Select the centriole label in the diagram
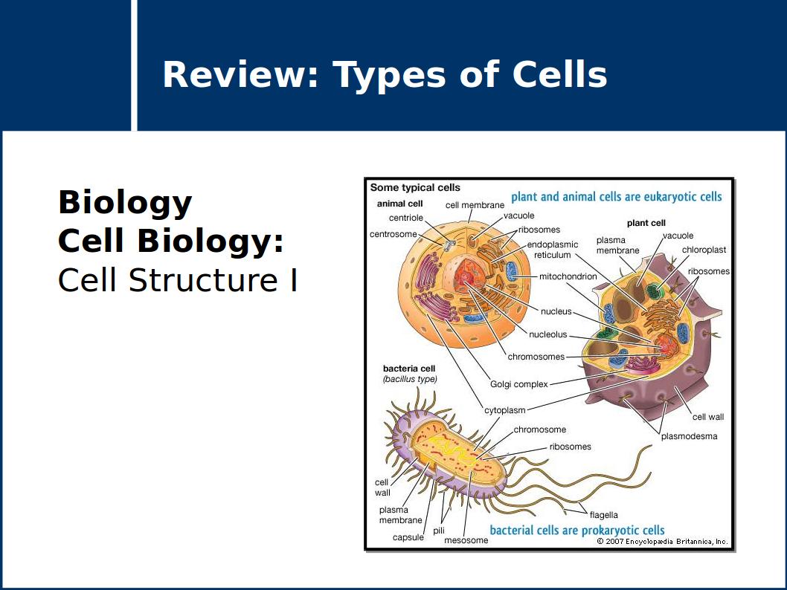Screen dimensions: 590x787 (405, 218)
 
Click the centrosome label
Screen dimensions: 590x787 (393, 234)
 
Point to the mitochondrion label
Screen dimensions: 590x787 (568, 276)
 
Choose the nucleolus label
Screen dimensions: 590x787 (547, 334)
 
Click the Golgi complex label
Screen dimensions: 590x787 (518, 384)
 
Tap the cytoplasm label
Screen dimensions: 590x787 (504, 410)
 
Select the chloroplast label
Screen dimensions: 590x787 (704, 250)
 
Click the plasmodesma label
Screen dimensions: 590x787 (689, 436)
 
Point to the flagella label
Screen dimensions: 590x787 (603, 515)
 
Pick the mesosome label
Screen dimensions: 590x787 (466, 540)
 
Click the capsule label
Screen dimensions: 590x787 (408, 537)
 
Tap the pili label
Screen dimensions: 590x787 (439, 531)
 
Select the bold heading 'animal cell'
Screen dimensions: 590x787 (399, 204)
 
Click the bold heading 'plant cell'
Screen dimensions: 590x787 (646, 223)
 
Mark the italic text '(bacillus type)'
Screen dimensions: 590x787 (410, 379)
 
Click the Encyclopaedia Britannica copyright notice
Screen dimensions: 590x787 (661, 542)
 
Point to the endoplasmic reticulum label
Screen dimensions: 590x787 (552, 250)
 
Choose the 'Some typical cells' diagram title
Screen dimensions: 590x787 (415, 188)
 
